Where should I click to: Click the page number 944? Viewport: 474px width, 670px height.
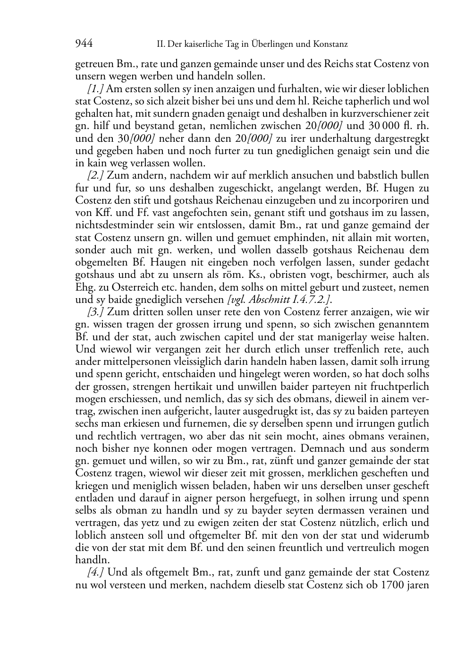[x=84, y=44]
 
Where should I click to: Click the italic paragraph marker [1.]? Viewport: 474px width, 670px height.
[x=96, y=89]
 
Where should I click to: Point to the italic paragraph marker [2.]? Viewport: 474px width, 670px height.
[x=96, y=176]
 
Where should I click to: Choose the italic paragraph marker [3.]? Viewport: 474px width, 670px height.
[x=96, y=312]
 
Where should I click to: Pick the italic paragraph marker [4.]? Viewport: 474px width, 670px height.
[x=96, y=573]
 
